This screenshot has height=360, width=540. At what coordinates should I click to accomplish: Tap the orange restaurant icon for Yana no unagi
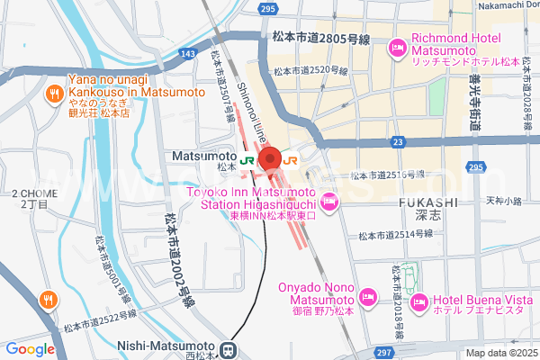click(54, 91)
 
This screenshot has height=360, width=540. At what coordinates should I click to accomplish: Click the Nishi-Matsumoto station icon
click(229, 348)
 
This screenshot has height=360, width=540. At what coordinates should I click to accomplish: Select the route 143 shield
click(186, 55)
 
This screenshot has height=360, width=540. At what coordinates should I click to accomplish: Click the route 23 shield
click(397, 141)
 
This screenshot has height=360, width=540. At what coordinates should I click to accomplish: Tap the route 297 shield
click(384, 352)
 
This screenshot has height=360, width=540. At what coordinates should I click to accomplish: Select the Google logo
click(30, 349)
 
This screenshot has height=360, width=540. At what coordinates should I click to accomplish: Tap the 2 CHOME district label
click(31, 200)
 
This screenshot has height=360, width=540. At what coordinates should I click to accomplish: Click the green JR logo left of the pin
click(247, 160)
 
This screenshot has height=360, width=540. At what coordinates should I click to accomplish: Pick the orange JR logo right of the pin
click(291, 160)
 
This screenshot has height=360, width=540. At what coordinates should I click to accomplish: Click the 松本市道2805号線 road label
click(320, 39)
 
